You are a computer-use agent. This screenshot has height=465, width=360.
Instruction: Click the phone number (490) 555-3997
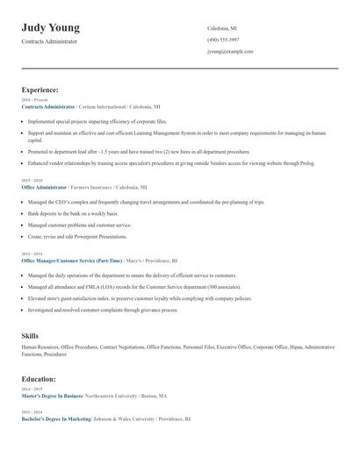click(x=223, y=39)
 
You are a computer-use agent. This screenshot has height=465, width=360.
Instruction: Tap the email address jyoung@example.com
click(x=230, y=52)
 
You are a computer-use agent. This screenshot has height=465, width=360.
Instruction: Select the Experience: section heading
click(x=40, y=89)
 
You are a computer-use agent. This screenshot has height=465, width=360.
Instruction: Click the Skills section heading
click(x=30, y=336)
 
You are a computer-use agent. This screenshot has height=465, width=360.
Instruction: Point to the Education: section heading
click(x=39, y=379)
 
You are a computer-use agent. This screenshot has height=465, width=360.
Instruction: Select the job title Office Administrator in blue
click(x=44, y=187)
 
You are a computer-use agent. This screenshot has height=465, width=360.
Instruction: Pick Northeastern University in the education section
click(x=109, y=396)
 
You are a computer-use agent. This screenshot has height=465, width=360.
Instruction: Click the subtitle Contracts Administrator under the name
click(x=49, y=41)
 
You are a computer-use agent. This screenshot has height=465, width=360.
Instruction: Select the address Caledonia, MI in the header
click(x=222, y=28)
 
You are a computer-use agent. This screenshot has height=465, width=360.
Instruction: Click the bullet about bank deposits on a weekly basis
click(x=72, y=213)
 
